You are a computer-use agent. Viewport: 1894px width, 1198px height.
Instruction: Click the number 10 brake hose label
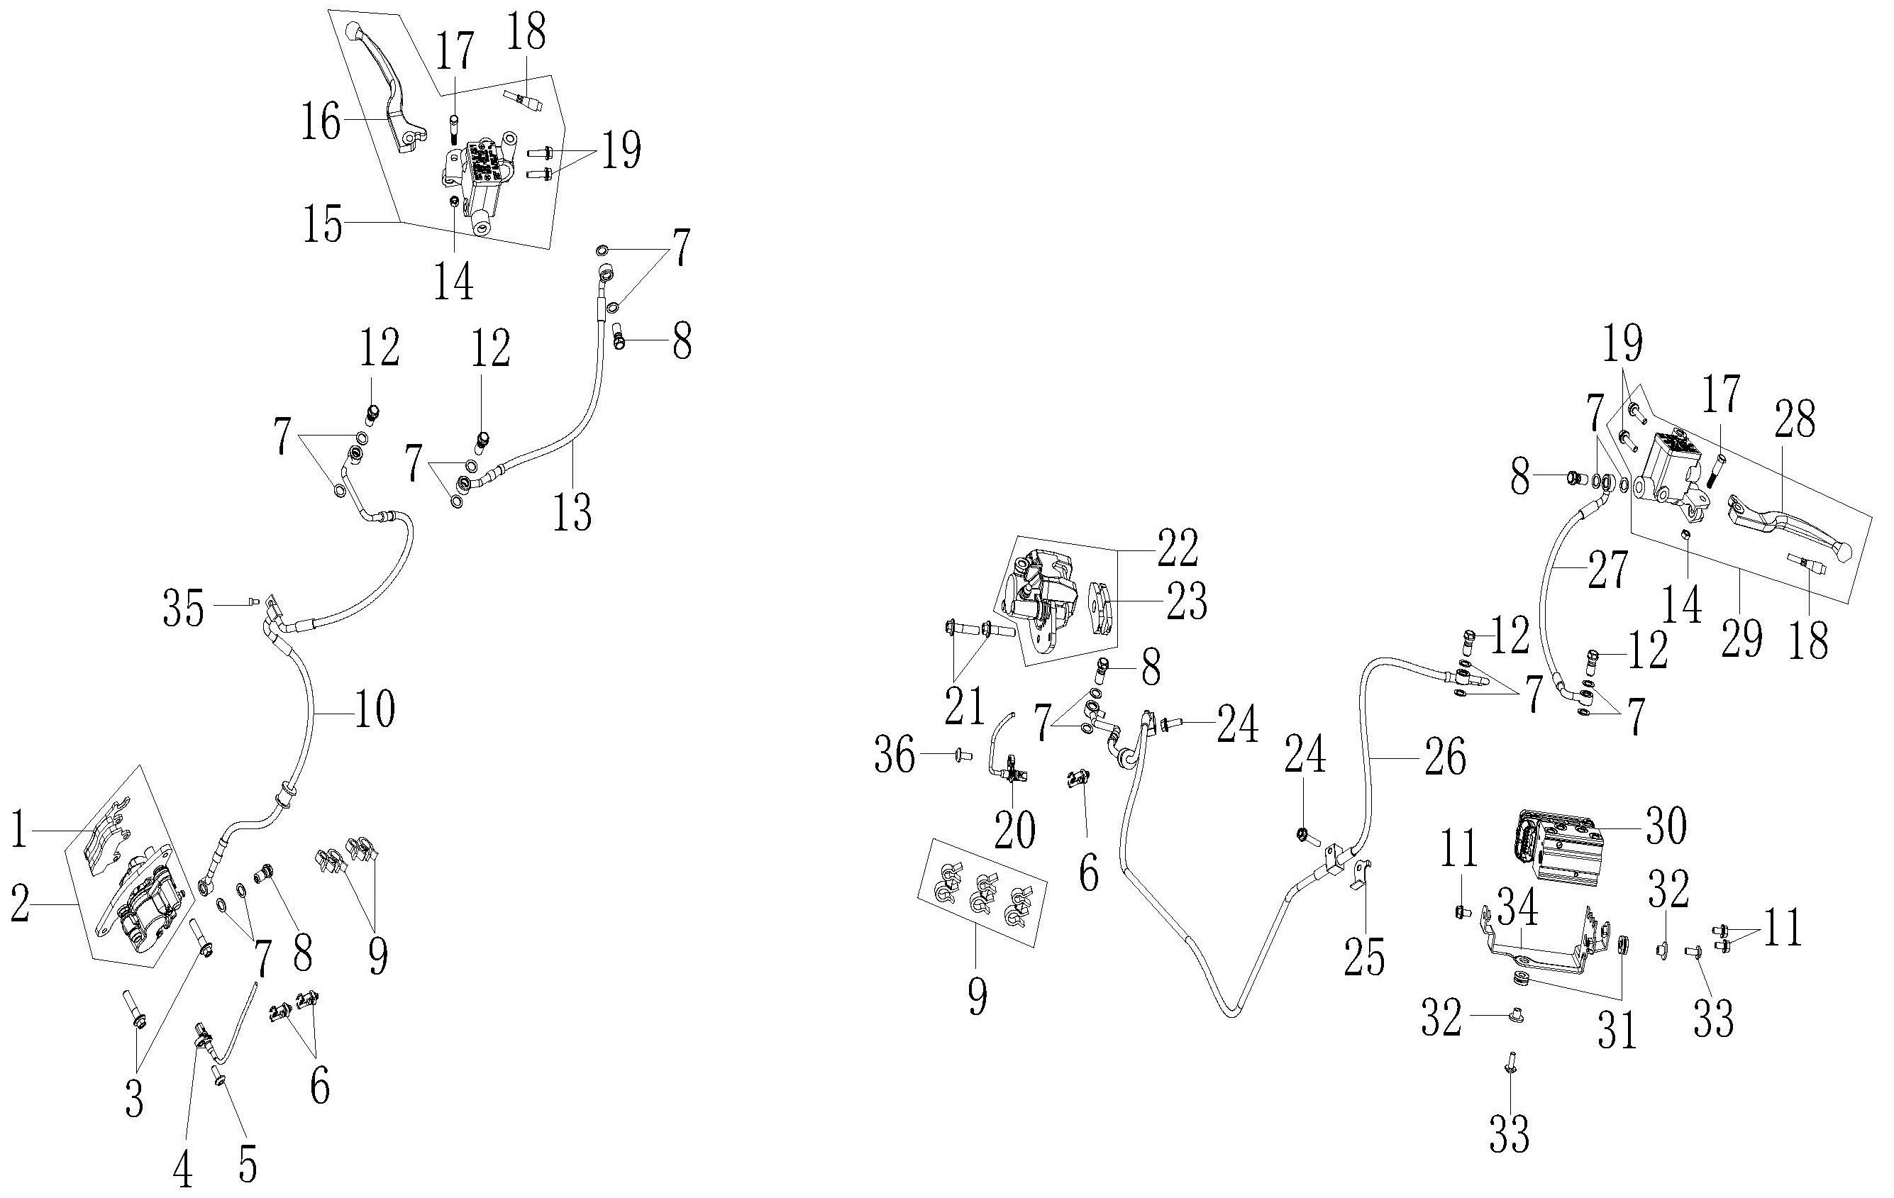click(375, 710)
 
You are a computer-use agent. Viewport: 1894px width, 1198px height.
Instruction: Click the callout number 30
click(1665, 827)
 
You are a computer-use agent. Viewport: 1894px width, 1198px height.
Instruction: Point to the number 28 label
click(1794, 420)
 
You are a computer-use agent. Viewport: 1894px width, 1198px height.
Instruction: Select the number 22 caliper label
click(1178, 548)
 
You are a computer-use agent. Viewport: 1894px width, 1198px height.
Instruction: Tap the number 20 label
click(1014, 831)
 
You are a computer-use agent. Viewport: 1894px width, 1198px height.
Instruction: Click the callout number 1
click(20, 831)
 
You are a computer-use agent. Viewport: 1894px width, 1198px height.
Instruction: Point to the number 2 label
click(21, 904)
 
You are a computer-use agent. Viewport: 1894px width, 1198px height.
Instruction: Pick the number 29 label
click(1741, 637)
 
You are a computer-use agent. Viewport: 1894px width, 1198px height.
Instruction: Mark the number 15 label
click(324, 224)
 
